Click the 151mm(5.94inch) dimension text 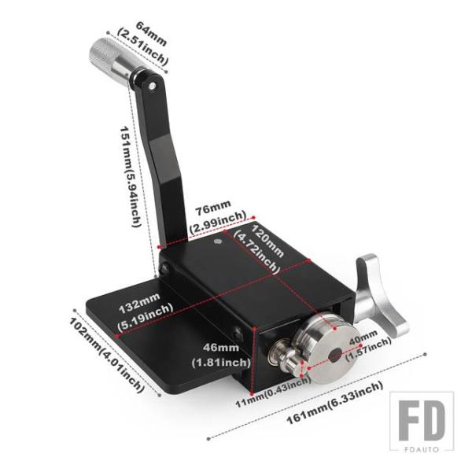[131, 177]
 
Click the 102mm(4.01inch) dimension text [106, 356]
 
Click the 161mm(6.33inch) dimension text [334, 403]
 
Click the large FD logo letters [422, 421]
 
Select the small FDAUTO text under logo [422, 449]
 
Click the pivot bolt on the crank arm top [153, 86]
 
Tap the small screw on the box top [218, 242]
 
